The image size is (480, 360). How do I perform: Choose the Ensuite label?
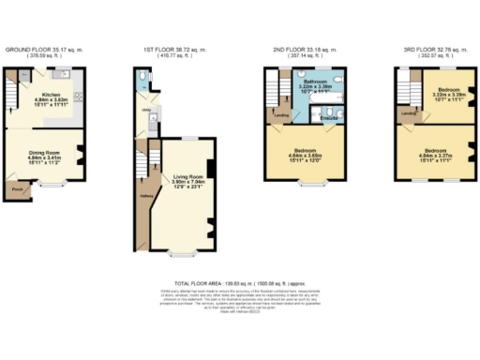(x=331, y=118)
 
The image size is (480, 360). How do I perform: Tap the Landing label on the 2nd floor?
(x=280, y=116)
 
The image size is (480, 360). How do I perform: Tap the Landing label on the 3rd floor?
(x=408, y=115)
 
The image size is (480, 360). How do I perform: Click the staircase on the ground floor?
(x=12, y=94)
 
